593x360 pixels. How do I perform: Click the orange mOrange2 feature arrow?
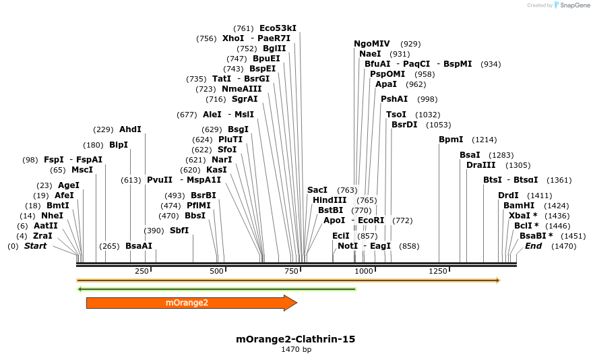(189, 303)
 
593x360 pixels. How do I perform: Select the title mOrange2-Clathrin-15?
(295, 338)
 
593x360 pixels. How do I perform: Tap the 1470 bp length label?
(296, 349)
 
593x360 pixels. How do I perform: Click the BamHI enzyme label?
(519, 205)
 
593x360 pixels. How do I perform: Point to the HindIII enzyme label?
(330, 200)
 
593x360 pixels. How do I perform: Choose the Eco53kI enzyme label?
(278, 28)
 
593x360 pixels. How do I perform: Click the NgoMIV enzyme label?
(372, 44)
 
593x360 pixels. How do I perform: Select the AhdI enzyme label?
(130, 129)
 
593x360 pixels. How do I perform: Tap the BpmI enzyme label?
(451, 140)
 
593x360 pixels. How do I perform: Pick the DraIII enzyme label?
(480, 165)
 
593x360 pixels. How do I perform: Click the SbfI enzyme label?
(179, 231)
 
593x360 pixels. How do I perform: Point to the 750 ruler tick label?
(291, 271)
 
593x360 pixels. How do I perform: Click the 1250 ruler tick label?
(438, 271)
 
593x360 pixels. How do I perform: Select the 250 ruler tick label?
(142, 271)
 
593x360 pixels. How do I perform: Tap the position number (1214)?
(484, 140)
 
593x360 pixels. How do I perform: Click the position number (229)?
(103, 129)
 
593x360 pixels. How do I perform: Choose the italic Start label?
(36, 246)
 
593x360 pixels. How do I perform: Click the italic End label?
(533, 246)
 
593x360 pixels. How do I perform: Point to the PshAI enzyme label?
(394, 99)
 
